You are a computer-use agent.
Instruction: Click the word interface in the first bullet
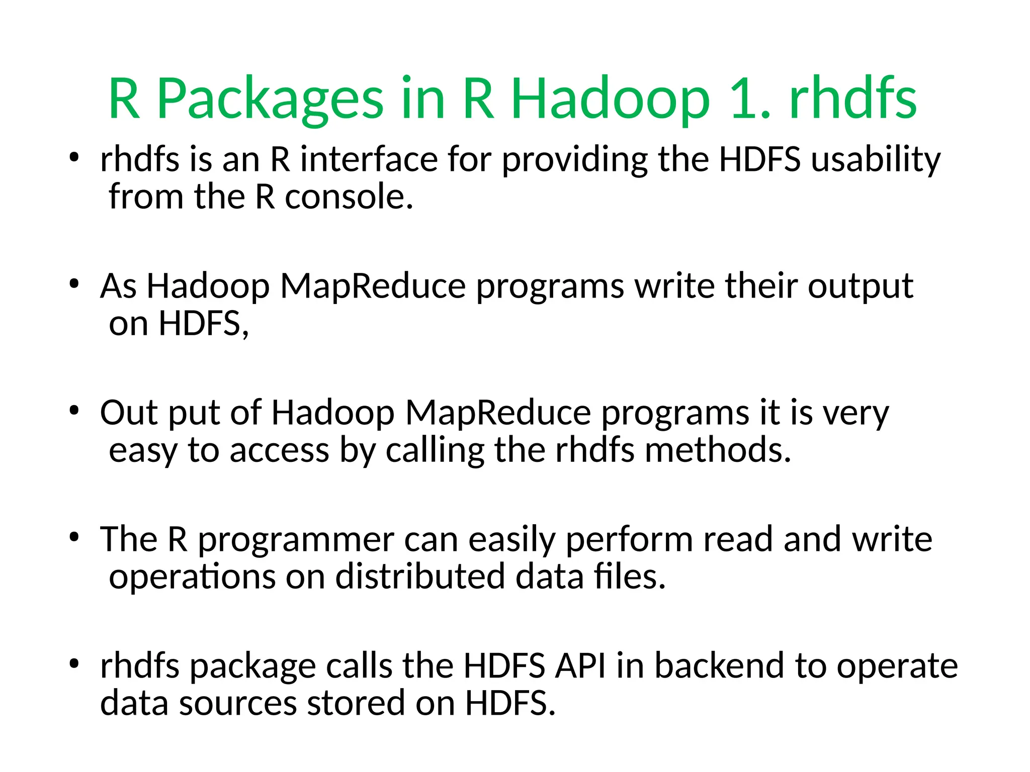pyautogui.click(x=369, y=160)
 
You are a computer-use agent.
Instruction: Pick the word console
pyautogui.click(x=349, y=197)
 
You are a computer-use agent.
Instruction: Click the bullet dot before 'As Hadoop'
pyautogui.click(x=74, y=284)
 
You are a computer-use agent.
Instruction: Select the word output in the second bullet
pyautogui.click(x=861, y=286)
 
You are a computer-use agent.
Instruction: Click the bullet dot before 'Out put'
pyautogui.click(x=74, y=411)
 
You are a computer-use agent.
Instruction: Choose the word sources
pyautogui.click(x=238, y=703)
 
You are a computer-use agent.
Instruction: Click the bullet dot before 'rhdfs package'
pyautogui.click(x=74, y=664)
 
